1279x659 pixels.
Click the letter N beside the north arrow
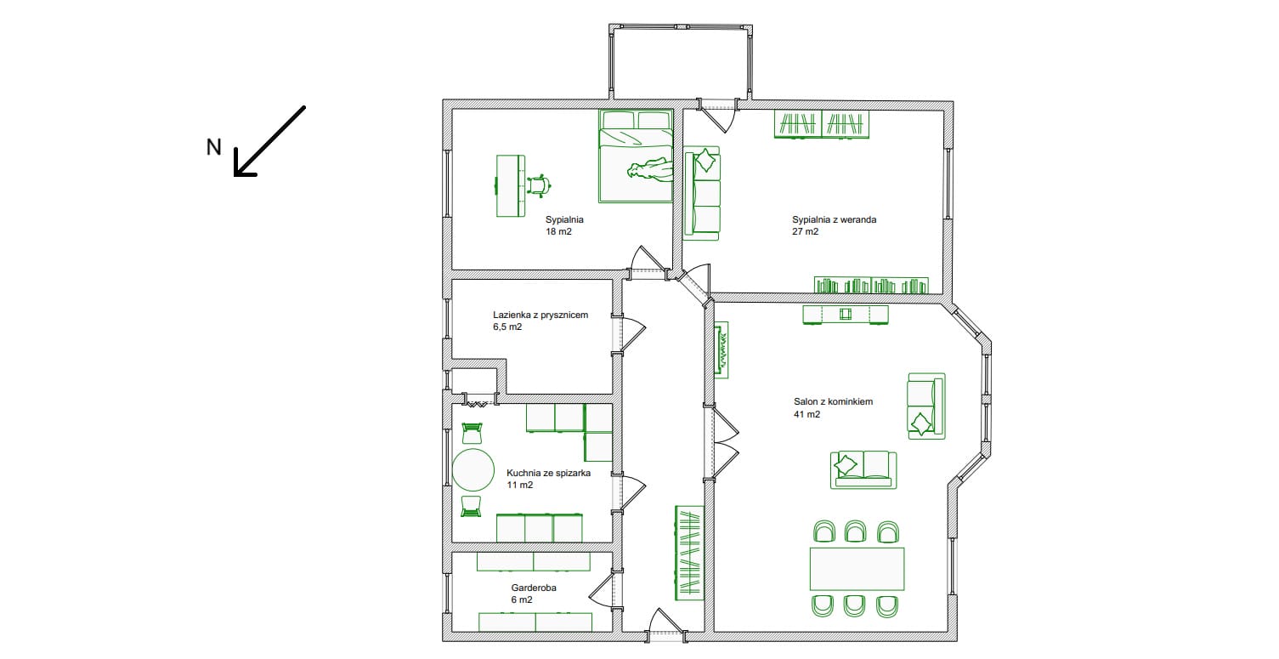213,147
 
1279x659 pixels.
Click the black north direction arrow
269,141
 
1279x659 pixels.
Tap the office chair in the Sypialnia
539,185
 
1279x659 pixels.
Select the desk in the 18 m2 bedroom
511,185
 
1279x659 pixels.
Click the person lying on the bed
650,170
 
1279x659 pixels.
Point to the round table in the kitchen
473,470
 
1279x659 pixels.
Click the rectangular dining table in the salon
857,569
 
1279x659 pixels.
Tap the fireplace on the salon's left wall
722,349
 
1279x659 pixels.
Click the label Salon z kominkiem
833,402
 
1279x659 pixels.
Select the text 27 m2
805,231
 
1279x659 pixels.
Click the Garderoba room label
534,588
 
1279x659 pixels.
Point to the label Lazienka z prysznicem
540,315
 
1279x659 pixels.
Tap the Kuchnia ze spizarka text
548,474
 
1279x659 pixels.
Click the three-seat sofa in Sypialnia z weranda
702,193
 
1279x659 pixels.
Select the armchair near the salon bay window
926,406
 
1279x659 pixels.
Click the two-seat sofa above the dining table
863,470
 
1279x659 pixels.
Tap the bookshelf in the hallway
689,553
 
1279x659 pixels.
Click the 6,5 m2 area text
507,327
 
